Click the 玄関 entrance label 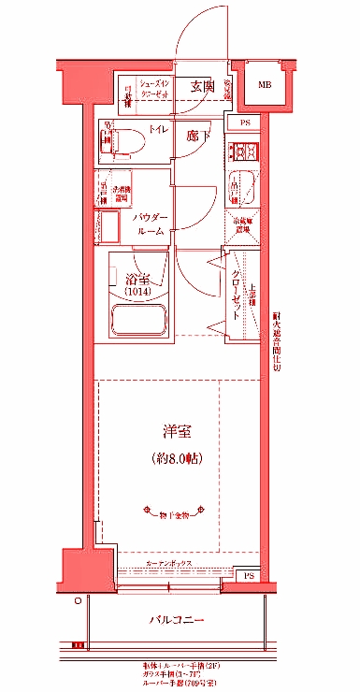[202, 86]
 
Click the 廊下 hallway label [197, 137]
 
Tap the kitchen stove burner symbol [245, 151]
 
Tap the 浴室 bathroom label [138, 278]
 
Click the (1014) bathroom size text [138, 292]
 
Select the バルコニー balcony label [176, 621]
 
